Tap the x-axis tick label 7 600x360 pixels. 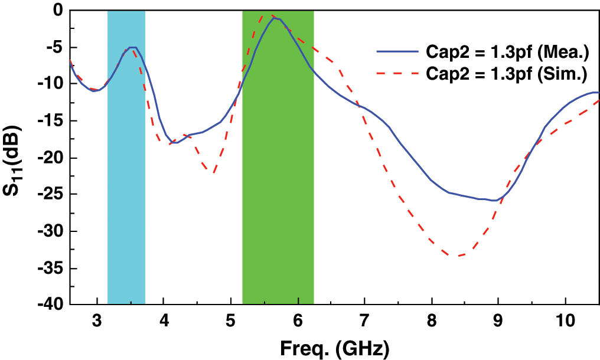365,322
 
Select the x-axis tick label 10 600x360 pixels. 565,322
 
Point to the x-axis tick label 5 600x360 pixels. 231,322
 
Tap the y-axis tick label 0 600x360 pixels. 57,10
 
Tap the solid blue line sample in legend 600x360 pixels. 398,53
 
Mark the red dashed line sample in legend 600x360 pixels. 398,74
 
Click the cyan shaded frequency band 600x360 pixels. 126,177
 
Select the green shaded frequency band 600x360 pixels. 278,177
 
